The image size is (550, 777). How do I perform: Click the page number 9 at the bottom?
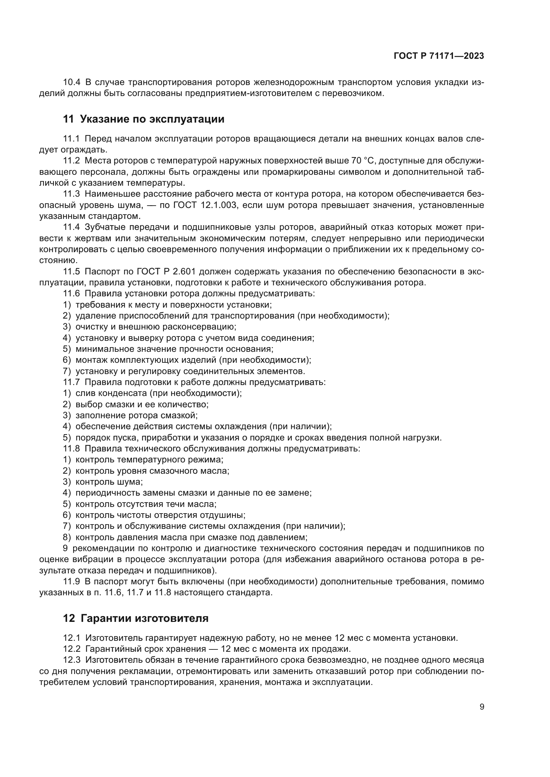point(481,707)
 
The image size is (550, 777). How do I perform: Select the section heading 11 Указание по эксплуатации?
point(144,119)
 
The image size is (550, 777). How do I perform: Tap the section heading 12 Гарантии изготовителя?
point(135,619)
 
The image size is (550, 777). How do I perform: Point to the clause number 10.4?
point(72,82)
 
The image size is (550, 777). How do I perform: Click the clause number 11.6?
point(72,293)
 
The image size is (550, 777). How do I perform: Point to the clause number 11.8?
point(72,449)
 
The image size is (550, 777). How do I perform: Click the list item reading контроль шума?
point(109,482)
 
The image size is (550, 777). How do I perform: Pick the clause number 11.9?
point(72,582)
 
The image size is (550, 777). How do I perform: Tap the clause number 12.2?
point(72,649)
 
